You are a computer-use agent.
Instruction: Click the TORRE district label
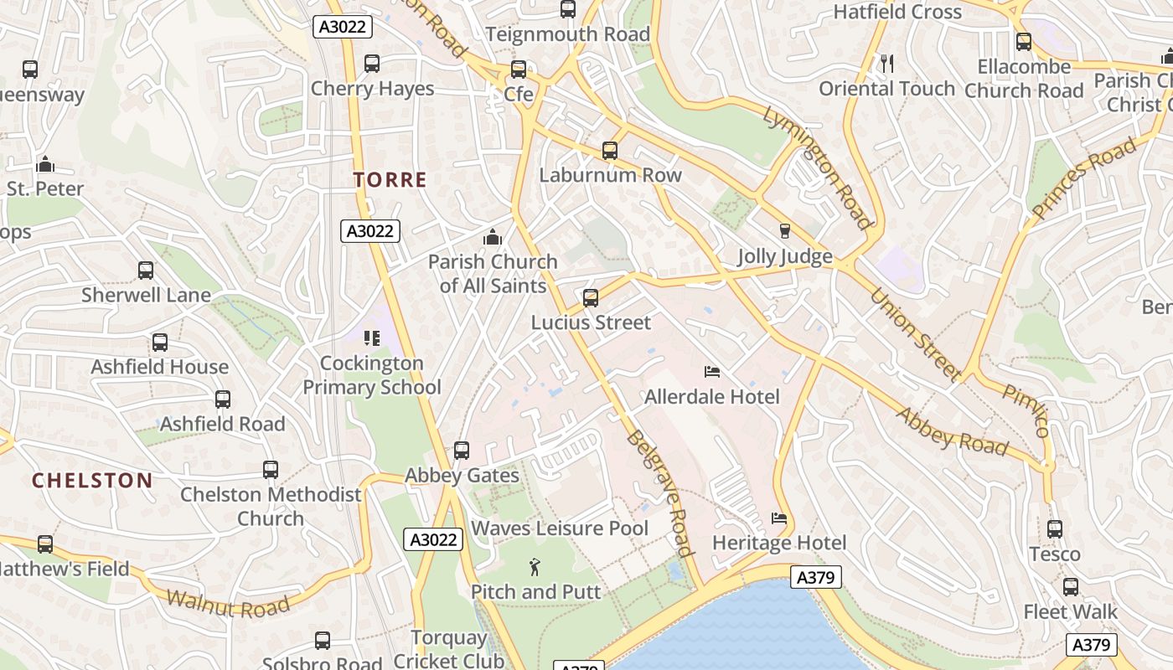point(390,179)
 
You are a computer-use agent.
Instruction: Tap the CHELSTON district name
point(92,480)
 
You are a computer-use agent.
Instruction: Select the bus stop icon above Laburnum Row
point(610,151)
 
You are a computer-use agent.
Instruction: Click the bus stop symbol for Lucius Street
point(591,298)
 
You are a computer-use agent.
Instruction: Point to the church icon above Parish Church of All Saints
point(493,237)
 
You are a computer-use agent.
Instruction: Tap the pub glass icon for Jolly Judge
point(785,231)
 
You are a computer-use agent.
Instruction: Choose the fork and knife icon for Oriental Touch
point(887,63)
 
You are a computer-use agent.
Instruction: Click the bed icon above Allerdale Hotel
point(712,372)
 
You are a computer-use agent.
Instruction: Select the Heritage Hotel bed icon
point(779,518)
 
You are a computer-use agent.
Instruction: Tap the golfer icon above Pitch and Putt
point(535,568)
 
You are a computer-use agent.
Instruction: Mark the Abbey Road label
point(952,430)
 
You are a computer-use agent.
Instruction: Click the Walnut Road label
point(228,604)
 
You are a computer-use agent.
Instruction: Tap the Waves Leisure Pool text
point(560,528)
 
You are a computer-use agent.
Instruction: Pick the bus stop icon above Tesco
point(1055,529)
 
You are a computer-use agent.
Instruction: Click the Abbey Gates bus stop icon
point(462,451)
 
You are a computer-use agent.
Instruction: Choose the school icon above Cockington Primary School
point(372,338)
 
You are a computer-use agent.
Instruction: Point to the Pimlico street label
point(1026,410)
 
